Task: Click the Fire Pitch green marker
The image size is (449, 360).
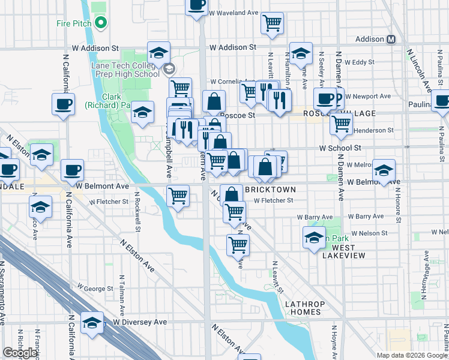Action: (100, 24)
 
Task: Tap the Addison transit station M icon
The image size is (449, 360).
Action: (391, 39)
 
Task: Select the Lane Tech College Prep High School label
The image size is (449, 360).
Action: (125, 70)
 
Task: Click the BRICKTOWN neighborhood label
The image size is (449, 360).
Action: (270, 189)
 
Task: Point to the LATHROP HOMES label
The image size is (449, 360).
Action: (305, 309)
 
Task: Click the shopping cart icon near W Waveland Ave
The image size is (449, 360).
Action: (273, 23)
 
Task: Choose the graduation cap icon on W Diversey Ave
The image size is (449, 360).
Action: (92, 323)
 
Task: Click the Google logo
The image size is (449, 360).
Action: (20, 353)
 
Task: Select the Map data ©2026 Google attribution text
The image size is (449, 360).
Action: (412, 355)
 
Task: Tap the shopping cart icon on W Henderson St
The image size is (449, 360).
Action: (341, 124)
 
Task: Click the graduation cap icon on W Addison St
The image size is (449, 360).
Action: (158, 53)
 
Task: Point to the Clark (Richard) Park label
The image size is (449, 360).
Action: (111, 101)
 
